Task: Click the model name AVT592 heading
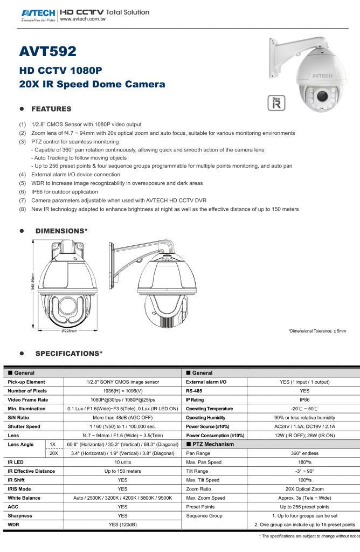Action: (x=48, y=51)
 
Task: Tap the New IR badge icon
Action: (x=275, y=103)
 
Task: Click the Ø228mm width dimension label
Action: (x=69, y=331)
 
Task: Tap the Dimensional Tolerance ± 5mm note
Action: (x=317, y=331)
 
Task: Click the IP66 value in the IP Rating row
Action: (x=304, y=399)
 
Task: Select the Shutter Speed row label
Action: (x=24, y=426)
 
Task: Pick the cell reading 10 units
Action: (x=122, y=462)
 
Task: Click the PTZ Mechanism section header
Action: (x=212, y=444)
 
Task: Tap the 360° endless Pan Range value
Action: (x=304, y=453)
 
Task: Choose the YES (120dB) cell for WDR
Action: (x=122, y=525)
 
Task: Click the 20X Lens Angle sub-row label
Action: (x=52, y=453)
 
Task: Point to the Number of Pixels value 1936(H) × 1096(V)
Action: (x=122, y=391)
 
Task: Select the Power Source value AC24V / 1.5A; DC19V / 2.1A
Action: (x=304, y=426)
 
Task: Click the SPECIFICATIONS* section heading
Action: (x=69, y=354)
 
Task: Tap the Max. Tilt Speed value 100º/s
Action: (x=304, y=480)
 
